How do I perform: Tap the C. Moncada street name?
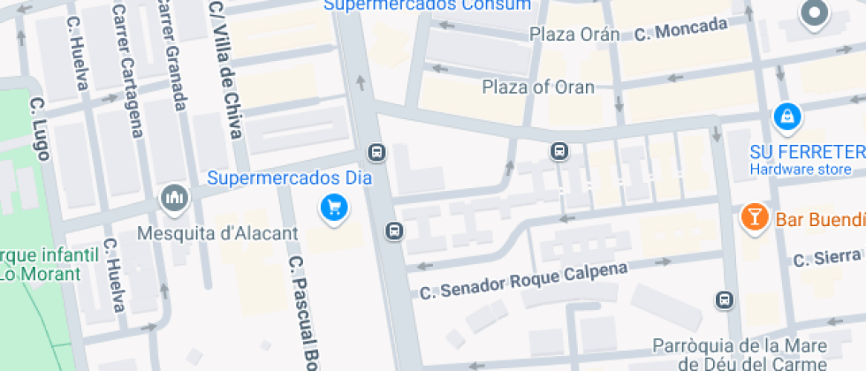click(x=681, y=32)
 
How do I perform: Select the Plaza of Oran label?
click(x=538, y=87)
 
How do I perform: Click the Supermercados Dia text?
click(x=289, y=178)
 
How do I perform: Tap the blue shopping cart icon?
click(x=334, y=208)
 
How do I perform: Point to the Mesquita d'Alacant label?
click(x=218, y=235)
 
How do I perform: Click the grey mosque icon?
click(x=173, y=199)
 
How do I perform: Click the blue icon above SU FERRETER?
click(x=786, y=116)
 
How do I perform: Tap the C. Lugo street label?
click(x=41, y=129)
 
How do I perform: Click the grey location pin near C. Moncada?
click(x=813, y=14)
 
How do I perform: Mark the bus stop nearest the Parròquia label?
click(x=725, y=300)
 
